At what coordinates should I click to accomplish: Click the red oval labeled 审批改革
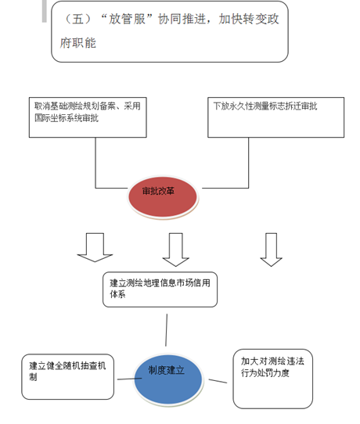[x=163, y=197]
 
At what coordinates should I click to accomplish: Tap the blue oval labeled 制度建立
[x=168, y=379]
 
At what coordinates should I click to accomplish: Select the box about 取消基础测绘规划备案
[x=88, y=117]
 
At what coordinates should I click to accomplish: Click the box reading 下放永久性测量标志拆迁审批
[x=276, y=117]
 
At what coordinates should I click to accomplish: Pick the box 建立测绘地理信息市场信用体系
[x=160, y=289]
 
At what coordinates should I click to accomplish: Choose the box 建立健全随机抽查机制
[x=67, y=377]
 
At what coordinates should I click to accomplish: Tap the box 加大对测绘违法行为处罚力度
[x=272, y=379]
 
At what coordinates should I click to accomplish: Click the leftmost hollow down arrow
[x=95, y=247]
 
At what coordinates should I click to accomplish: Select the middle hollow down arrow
[x=176, y=250]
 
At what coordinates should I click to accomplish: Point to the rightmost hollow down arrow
[x=271, y=250]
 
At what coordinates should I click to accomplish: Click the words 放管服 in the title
[x=127, y=20]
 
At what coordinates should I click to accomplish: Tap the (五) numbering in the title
[x=78, y=20]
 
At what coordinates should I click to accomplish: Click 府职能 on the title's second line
[x=78, y=43]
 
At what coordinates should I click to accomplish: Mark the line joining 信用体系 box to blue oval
[x=167, y=330]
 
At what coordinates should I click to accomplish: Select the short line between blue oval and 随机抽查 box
[x=129, y=379]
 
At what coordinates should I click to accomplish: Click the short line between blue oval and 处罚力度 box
[x=218, y=381]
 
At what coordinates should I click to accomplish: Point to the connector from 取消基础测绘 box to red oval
[x=95, y=176]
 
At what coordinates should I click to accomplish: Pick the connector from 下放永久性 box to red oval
[x=248, y=176]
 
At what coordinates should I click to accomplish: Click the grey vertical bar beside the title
[x=45, y=11]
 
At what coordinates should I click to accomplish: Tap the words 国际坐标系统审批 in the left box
[x=67, y=118]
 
